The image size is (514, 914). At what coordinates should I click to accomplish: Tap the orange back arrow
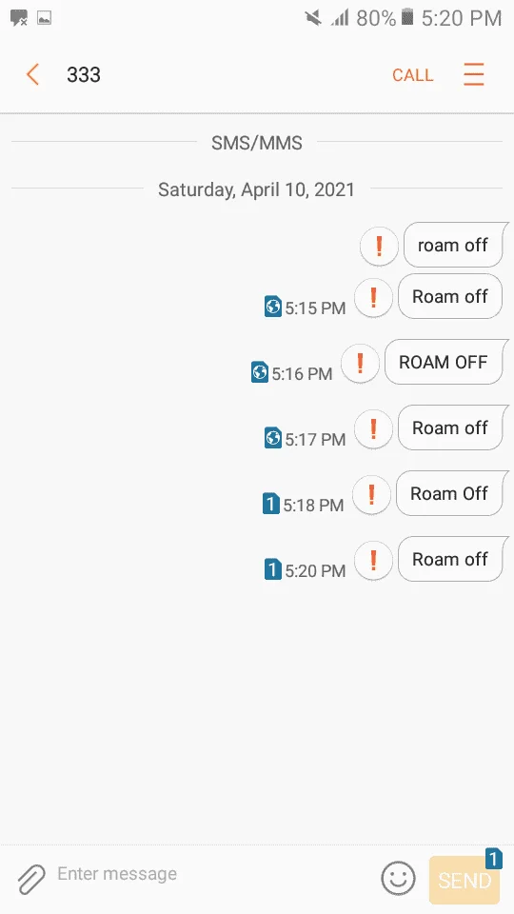[x=32, y=74]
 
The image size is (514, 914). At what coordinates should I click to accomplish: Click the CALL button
[x=412, y=75]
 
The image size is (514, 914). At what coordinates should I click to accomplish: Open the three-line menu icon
[x=474, y=74]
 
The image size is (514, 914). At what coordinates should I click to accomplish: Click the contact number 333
[x=84, y=74]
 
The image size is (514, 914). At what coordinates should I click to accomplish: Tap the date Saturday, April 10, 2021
[x=256, y=189]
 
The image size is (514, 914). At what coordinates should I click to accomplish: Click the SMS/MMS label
[x=257, y=143]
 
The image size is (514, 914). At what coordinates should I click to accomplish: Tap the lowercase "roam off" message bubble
[x=453, y=245]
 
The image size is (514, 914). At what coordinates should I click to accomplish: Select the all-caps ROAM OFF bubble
[x=444, y=362]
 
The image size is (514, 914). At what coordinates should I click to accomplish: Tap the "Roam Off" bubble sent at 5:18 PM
[x=449, y=493]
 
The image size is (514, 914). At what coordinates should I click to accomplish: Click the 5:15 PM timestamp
[x=315, y=308]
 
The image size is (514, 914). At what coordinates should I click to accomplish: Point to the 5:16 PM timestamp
[x=302, y=373]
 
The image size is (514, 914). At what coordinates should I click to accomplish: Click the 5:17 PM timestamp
[x=315, y=439]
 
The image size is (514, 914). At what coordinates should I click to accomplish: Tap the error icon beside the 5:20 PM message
[x=373, y=560]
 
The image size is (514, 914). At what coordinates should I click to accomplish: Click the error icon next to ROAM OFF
[x=360, y=363]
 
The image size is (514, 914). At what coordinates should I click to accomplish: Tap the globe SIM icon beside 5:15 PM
[x=273, y=307]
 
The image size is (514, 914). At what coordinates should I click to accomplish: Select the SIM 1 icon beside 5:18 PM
[x=271, y=504]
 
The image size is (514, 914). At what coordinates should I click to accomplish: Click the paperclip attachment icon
[x=31, y=880]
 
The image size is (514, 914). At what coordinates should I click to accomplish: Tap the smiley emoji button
[x=399, y=878]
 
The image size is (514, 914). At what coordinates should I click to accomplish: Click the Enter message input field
[x=209, y=874]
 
